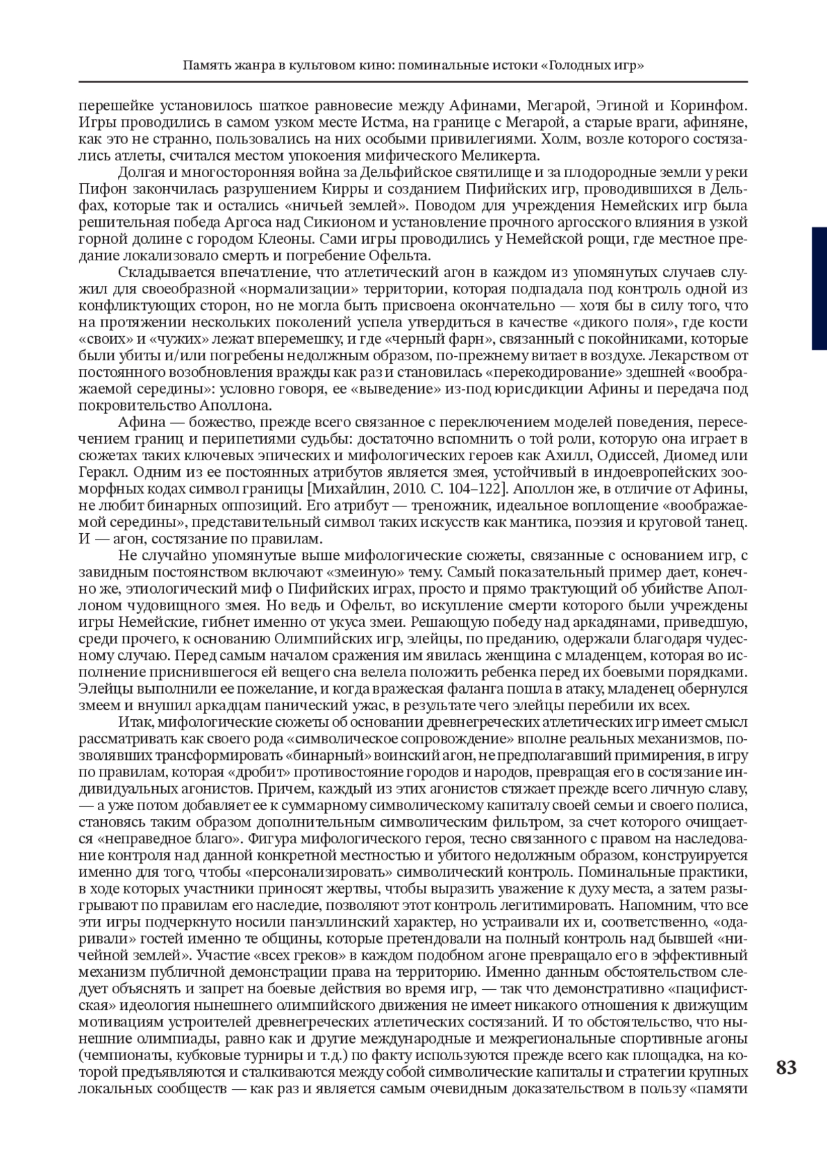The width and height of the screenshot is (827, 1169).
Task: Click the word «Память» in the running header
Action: click(205, 66)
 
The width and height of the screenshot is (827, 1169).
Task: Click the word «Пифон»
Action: click(99, 189)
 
